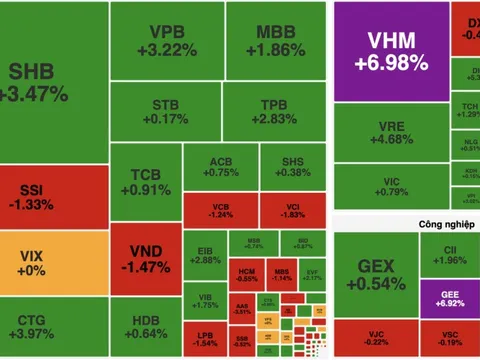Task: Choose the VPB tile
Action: pyautogui.click(x=166, y=40)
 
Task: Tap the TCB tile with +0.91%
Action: pyautogui.click(x=144, y=183)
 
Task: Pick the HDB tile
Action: pyautogui.click(x=144, y=328)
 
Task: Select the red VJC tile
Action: pyautogui.click(x=370, y=338)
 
